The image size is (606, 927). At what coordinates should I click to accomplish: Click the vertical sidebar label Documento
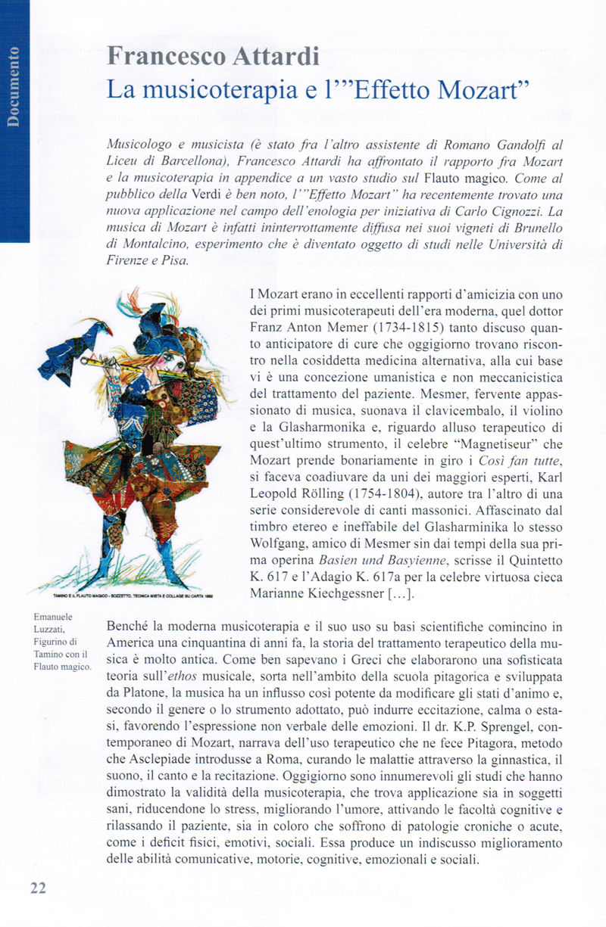(14, 86)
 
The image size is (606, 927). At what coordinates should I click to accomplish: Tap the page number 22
(38, 888)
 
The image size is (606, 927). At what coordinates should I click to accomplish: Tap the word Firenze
(131, 260)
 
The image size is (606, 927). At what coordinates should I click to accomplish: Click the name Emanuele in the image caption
(53, 617)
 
